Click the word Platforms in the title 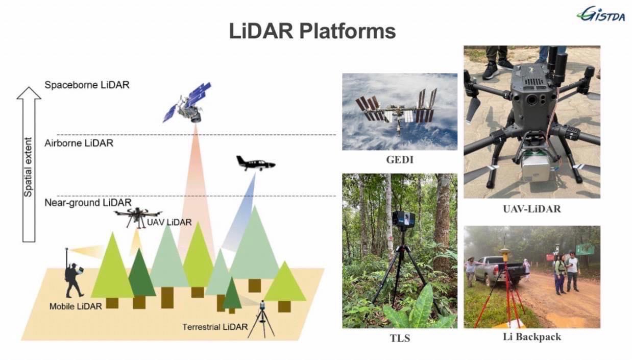pyautogui.click(x=347, y=31)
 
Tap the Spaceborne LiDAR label pyautogui.click(x=87, y=85)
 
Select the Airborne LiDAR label pyautogui.click(x=79, y=143)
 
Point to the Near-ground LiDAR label pyautogui.click(x=88, y=203)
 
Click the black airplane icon pyautogui.click(x=255, y=163)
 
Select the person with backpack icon pyautogui.click(x=74, y=278)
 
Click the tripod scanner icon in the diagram pyautogui.click(x=261, y=319)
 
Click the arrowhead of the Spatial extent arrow pyautogui.click(x=29, y=93)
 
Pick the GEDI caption pyautogui.click(x=400, y=160)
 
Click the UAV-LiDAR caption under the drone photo pyautogui.click(x=531, y=208)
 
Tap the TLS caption pyautogui.click(x=400, y=338)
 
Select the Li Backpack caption pyautogui.click(x=532, y=337)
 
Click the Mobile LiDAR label pyautogui.click(x=76, y=306)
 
